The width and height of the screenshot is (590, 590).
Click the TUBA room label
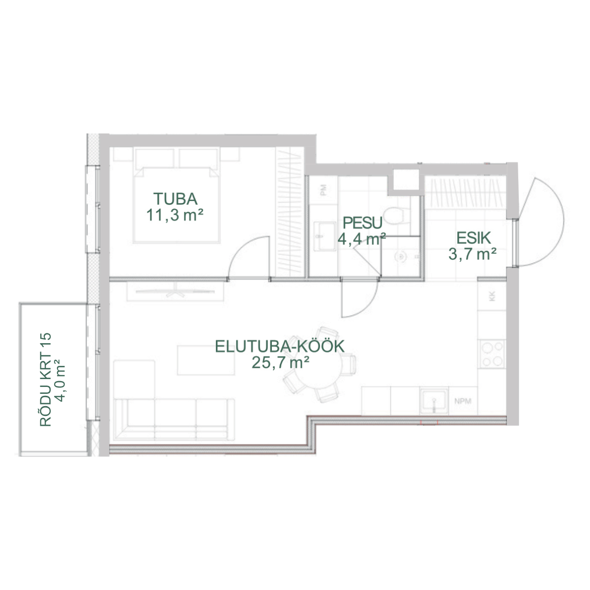pos(176,199)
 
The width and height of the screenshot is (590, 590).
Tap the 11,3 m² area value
pos(175,215)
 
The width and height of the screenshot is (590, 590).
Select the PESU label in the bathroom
pos(362,223)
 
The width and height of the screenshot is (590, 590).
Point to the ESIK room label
pos(473,238)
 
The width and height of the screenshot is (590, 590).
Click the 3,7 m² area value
pos(472,254)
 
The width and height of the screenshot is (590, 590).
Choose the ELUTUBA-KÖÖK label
pos(280,346)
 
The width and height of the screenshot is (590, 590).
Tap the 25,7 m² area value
pos(280,363)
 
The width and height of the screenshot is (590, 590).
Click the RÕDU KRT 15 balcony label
pos(46,380)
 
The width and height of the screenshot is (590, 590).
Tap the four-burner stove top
pos(492,354)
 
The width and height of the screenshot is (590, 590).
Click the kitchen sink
pos(434,401)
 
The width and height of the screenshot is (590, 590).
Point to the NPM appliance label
pos(463,401)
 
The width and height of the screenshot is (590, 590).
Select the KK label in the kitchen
pos(492,296)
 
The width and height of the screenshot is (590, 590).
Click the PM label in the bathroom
pos(323,190)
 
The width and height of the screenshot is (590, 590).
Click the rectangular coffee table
pos(206,360)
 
